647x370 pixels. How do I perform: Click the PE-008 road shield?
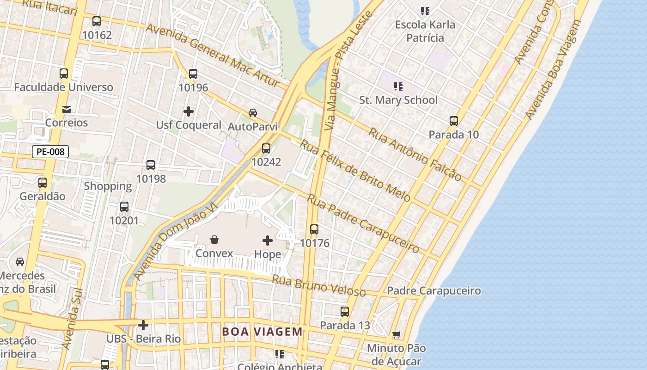click(50, 152)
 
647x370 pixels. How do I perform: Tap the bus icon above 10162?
click(97, 21)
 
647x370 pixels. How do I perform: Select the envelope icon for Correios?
click(67, 110)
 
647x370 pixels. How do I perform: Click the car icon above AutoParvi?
click(253, 113)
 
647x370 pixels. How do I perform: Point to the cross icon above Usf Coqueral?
click(189, 111)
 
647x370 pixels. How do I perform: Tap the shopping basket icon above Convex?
click(214, 240)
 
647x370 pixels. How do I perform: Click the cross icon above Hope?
click(268, 240)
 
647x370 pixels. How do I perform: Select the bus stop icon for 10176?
click(314, 229)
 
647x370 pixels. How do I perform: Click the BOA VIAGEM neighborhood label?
click(262, 332)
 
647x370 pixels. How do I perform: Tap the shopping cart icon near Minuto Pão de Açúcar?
click(396, 334)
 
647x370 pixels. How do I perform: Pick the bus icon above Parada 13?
click(345, 312)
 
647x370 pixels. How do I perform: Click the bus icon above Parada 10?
click(454, 121)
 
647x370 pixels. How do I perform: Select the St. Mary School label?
click(398, 100)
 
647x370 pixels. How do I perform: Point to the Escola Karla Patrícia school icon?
click(425, 11)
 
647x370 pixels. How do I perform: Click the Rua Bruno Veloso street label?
click(318, 286)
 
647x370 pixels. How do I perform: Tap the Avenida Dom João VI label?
click(175, 241)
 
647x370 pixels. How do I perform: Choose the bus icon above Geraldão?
click(43, 183)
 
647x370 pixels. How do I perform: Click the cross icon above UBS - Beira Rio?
click(143, 325)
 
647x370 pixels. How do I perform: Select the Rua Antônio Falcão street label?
click(415, 154)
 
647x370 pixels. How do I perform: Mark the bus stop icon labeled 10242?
click(266, 148)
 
